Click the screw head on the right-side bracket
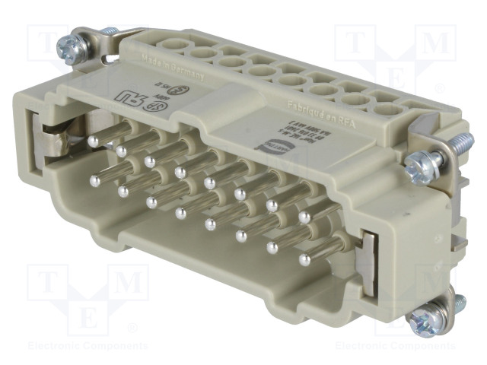coord(417,163)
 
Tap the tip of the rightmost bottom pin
coord(304,260)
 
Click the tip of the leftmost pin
coord(95,181)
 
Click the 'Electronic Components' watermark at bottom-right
coord(396,345)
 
